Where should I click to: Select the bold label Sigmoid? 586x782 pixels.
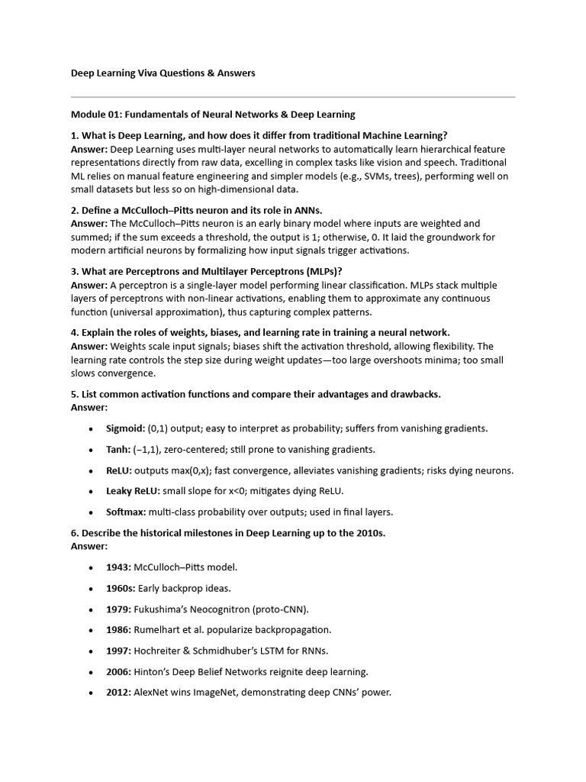pos(125,428)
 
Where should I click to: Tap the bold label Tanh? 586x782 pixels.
pos(118,450)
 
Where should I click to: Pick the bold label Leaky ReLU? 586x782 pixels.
pos(133,491)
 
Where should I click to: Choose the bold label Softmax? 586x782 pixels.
pos(127,512)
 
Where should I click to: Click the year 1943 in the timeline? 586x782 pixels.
pos(118,567)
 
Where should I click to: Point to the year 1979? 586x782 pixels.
pos(118,609)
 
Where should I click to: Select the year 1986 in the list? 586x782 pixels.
pos(118,630)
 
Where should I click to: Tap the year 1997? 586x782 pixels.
pos(118,651)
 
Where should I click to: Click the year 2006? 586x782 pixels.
pos(118,671)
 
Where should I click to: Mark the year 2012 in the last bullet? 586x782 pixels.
pos(118,693)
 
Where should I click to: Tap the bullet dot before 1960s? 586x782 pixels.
pos(92,589)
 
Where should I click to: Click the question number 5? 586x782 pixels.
pos(74,394)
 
